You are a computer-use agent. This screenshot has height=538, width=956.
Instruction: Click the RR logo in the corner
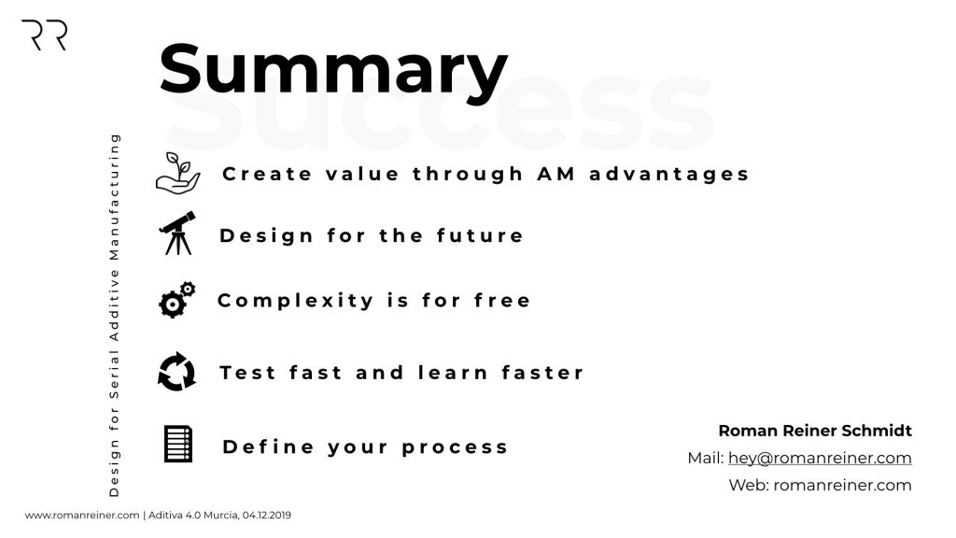[x=44, y=35]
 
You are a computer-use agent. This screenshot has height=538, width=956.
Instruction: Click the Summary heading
[x=333, y=71]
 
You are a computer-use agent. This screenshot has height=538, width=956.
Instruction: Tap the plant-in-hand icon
[x=177, y=174]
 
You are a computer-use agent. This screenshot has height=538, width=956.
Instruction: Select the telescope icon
[x=177, y=233]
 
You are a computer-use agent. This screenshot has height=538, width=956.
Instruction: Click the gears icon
[x=176, y=300]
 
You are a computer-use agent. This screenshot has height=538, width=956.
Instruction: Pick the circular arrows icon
[x=176, y=372]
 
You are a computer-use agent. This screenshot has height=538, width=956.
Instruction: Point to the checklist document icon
[x=178, y=444]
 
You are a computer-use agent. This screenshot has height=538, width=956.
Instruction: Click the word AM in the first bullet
[x=556, y=174]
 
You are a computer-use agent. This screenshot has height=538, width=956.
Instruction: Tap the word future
[x=480, y=235]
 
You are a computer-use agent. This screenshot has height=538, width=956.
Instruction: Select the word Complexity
[x=296, y=301]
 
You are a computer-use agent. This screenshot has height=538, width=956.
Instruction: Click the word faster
[x=542, y=372]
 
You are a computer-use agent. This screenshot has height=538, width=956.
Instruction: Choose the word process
[x=455, y=447]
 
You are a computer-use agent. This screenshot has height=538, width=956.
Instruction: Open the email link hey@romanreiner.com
[x=820, y=458]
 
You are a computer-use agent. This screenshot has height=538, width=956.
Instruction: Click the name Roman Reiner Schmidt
[x=815, y=431]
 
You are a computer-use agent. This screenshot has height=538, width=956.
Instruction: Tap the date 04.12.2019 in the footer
[x=266, y=516]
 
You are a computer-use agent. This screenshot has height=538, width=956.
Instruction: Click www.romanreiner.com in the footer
[x=82, y=516]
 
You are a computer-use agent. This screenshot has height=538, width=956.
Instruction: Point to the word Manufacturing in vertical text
[x=114, y=197]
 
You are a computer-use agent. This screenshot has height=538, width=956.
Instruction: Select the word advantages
[x=668, y=175]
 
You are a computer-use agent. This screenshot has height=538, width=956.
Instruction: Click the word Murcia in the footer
[x=220, y=516]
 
